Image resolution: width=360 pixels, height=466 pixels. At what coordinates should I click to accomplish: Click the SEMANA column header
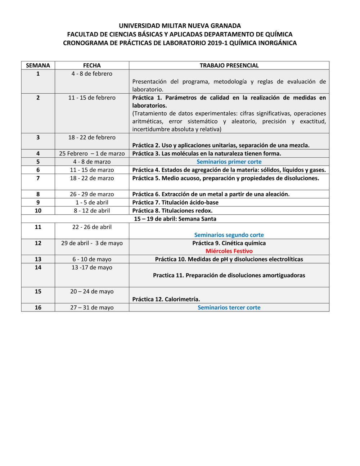pyautogui.click(x=38, y=66)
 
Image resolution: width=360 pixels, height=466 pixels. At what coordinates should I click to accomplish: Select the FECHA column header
pyautogui.click(x=92, y=66)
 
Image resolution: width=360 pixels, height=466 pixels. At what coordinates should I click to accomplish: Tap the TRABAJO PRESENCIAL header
pyautogui.click(x=229, y=66)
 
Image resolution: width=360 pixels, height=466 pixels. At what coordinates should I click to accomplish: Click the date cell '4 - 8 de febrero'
pyautogui.click(x=92, y=74)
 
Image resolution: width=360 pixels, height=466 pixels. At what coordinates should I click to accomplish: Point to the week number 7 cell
pyautogui.click(x=38, y=178)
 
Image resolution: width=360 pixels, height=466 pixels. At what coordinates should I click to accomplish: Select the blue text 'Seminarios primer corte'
pyautogui.click(x=229, y=162)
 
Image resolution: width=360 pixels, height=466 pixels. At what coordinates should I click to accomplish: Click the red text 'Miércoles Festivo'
pyautogui.click(x=229, y=251)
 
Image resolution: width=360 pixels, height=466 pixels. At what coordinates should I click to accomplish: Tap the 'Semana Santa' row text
pyautogui.click(x=175, y=219)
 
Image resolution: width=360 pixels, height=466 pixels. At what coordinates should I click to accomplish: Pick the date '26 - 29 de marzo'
pyautogui.click(x=92, y=194)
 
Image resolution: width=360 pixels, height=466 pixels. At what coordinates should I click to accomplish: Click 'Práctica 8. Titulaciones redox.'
pyautogui.click(x=172, y=211)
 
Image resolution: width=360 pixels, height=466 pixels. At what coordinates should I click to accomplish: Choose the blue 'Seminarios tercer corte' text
pyautogui.click(x=229, y=308)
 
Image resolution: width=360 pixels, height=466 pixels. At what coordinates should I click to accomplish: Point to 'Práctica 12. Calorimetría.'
pyautogui.click(x=166, y=299)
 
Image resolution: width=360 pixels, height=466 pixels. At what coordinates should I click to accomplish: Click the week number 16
pyautogui.click(x=38, y=308)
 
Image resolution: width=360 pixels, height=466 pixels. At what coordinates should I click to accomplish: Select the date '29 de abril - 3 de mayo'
pyautogui.click(x=92, y=243)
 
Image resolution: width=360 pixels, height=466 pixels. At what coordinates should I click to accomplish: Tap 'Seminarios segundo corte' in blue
pyautogui.click(x=229, y=235)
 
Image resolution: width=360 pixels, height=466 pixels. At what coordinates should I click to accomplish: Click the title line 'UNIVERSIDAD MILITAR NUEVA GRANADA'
pyautogui.click(x=180, y=26)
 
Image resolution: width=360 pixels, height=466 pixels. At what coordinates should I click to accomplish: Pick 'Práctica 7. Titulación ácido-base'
pyautogui.click(x=175, y=203)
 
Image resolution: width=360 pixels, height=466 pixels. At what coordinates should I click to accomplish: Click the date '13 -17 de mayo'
pyautogui.click(x=92, y=268)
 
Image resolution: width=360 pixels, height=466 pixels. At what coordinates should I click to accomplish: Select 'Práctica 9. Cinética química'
pyautogui.click(x=229, y=243)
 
